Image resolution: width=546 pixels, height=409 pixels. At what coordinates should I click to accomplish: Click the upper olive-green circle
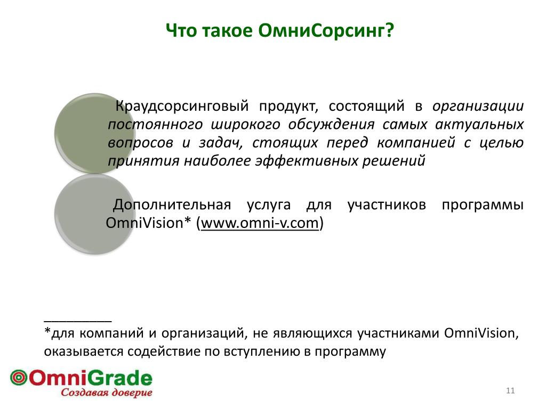[x=95, y=133]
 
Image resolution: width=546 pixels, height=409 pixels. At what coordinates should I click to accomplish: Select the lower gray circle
[x=95, y=214]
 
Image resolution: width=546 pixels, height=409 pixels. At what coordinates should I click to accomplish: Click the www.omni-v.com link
[x=260, y=223]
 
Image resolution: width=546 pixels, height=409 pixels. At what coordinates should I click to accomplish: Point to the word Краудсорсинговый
[x=182, y=106]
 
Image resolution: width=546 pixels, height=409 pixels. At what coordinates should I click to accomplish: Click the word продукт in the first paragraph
[x=288, y=106]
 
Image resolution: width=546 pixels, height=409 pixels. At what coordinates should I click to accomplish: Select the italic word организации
[x=478, y=106]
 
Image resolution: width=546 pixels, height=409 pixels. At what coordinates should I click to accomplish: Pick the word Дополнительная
[x=172, y=204]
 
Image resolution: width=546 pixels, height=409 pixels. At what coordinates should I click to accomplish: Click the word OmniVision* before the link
[x=149, y=223]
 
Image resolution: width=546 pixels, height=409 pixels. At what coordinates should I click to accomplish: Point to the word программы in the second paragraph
[x=483, y=205]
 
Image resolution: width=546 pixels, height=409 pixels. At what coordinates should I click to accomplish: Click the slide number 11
[x=510, y=390]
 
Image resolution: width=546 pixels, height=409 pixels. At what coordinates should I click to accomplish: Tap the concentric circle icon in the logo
[x=19, y=378]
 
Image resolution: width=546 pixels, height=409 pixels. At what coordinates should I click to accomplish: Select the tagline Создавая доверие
[x=107, y=392]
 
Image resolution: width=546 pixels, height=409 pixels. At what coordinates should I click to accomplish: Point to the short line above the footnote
[x=78, y=322]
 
